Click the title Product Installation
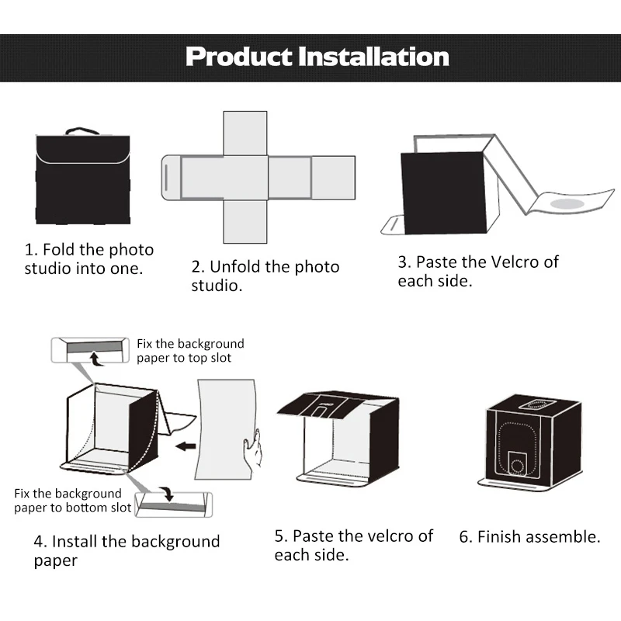[317, 57]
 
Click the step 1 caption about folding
[89, 259]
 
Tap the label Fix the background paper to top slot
[190, 351]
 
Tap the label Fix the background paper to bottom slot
[68, 500]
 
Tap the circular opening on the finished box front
[518, 464]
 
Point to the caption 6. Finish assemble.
[529, 536]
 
